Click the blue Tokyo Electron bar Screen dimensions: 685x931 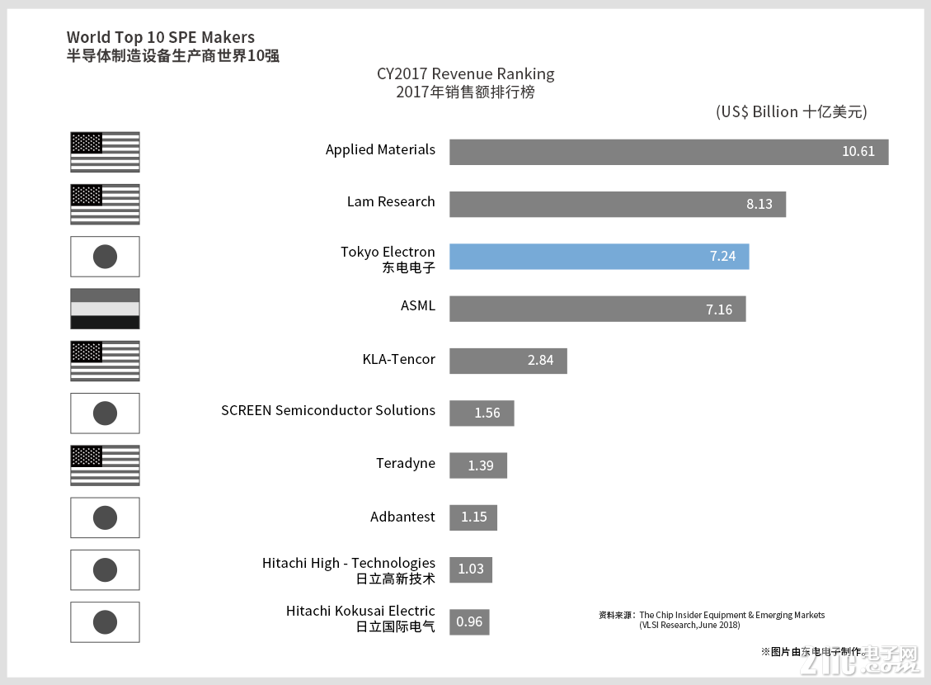point(599,256)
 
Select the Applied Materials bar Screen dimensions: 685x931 point(668,152)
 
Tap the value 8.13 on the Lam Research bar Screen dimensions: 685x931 point(759,204)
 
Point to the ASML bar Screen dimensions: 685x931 point(597,309)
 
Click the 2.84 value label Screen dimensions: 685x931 point(541,361)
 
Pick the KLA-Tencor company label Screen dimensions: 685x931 point(398,359)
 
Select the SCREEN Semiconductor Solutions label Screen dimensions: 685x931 point(327,410)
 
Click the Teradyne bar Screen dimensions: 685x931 point(478,465)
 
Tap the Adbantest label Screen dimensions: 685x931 point(402,517)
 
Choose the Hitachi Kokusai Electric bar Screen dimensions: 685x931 point(469,621)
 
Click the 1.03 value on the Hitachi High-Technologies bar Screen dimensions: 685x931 point(471,569)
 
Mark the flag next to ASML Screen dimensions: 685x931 point(105,309)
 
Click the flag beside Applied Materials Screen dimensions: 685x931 point(105,152)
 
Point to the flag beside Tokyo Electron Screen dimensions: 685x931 point(105,257)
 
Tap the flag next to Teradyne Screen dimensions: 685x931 point(105,465)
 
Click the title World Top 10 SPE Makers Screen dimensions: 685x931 point(161,37)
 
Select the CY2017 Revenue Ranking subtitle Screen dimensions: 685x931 point(465,73)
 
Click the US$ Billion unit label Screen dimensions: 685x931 point(791,111)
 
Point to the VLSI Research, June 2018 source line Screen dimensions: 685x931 point(689,625)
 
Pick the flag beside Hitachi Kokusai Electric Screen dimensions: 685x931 point(105,621)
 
